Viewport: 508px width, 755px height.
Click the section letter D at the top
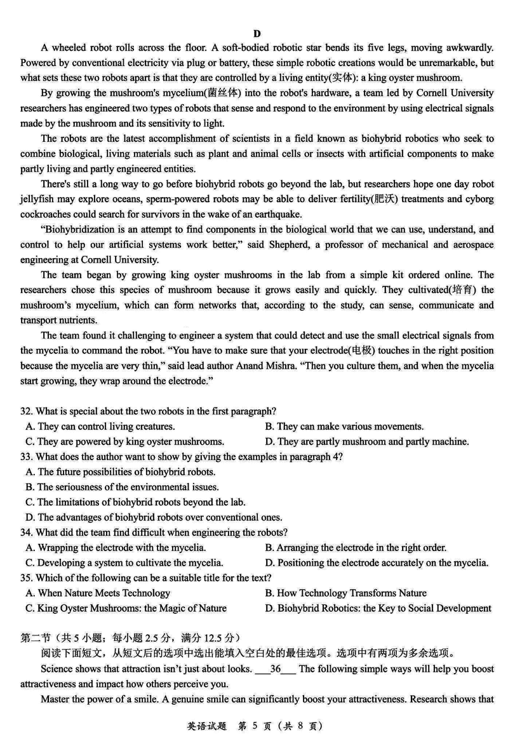point(257,34)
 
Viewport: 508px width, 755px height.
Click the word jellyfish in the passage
point(39,200)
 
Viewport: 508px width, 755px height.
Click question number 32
point(26,412)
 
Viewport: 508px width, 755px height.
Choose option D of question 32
point(367,442)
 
